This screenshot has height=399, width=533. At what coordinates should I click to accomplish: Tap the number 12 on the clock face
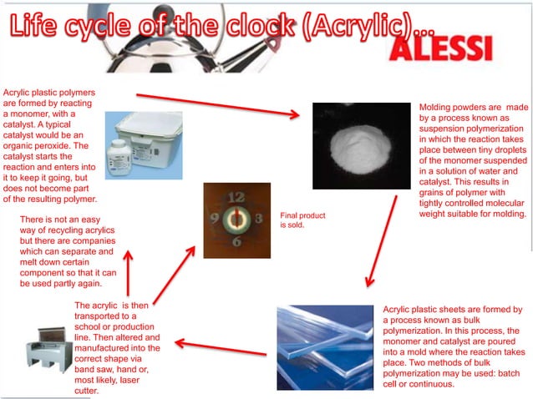236,198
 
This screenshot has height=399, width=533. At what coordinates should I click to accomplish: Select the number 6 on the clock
237,242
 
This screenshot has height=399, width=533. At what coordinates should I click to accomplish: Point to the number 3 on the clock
258,220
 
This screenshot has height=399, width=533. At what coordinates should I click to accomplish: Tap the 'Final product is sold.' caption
302,220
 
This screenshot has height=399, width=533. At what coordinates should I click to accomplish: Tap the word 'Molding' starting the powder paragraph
438,108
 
